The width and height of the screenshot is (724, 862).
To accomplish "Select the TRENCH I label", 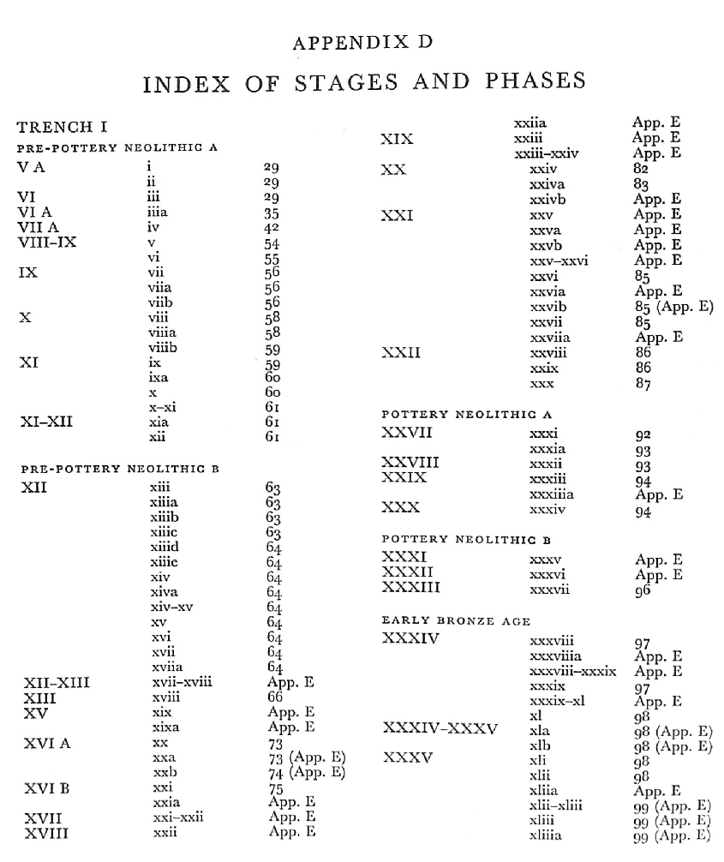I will (62, 128).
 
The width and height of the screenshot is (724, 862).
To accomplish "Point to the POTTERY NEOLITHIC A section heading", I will (467, 415).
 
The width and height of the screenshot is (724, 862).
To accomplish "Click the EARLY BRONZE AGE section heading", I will (456, 620).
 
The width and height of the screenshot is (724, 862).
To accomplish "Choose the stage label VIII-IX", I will (47, 242).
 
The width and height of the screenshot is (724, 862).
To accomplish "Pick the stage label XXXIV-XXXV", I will (440, 729).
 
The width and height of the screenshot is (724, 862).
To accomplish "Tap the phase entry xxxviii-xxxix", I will (572, 671).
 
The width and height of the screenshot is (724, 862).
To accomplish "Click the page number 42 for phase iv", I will (272, 228).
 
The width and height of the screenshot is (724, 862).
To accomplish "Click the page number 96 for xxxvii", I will (643, 590).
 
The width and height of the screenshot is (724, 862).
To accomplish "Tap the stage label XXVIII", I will (410, 464).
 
